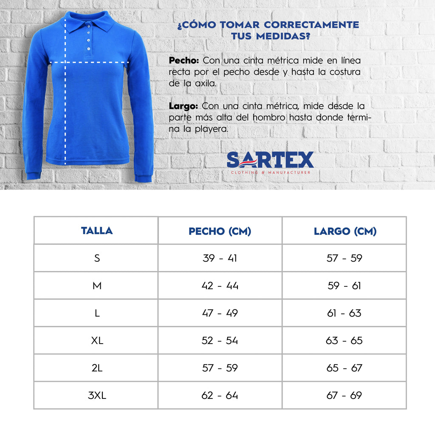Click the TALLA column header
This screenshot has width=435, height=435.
[x=97, y=231]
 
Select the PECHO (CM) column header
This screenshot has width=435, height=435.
[x=220, y=231]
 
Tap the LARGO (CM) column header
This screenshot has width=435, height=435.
[x=345, y=231]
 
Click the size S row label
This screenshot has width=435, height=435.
[x=97, y=258]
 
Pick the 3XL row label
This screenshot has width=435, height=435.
[x=97, y=395]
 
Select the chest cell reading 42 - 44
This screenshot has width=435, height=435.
[x=220, y=285]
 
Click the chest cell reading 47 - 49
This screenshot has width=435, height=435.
[x=220, y=313]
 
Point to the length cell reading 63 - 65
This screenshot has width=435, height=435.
[x=345, y=341]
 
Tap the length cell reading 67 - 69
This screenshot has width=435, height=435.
[x=345, y=395]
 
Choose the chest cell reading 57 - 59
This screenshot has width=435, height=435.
[x=220, y=368]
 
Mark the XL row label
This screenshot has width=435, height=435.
[x=97, y=341]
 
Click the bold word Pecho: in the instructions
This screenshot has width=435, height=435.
[x=184, y=60]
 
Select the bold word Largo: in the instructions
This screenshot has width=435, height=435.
[x=184, y=105]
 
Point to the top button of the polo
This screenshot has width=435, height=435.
[x=88, y=27]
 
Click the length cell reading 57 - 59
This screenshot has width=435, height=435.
[x=345, y=258]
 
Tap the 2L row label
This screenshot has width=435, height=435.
[x=97, y=368]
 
